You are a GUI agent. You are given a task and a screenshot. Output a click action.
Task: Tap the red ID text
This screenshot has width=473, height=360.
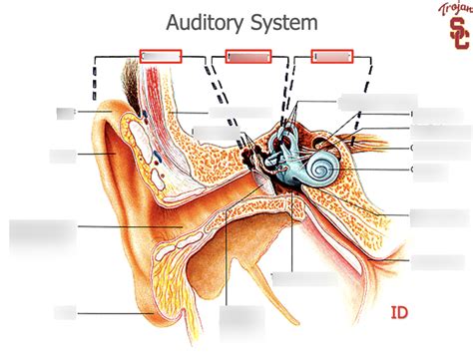pyautogui.click(x=401, y=315)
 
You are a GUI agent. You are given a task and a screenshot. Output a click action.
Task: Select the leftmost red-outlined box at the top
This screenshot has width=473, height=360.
pyautogui.click(x=161, y=57)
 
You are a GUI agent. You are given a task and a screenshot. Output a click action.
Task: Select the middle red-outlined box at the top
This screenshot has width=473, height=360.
pyautogui.click(x=248, y=57)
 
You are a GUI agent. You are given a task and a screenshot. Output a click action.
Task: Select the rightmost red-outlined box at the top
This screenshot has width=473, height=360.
pyautogui.click(x=334, y=57)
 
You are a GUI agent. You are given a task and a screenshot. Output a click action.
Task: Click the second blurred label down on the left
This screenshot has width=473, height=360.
pyautogui.click(x=62, y=156)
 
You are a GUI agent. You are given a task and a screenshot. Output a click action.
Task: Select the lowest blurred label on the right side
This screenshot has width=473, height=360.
pyautogui.click(x=435, y=261)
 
